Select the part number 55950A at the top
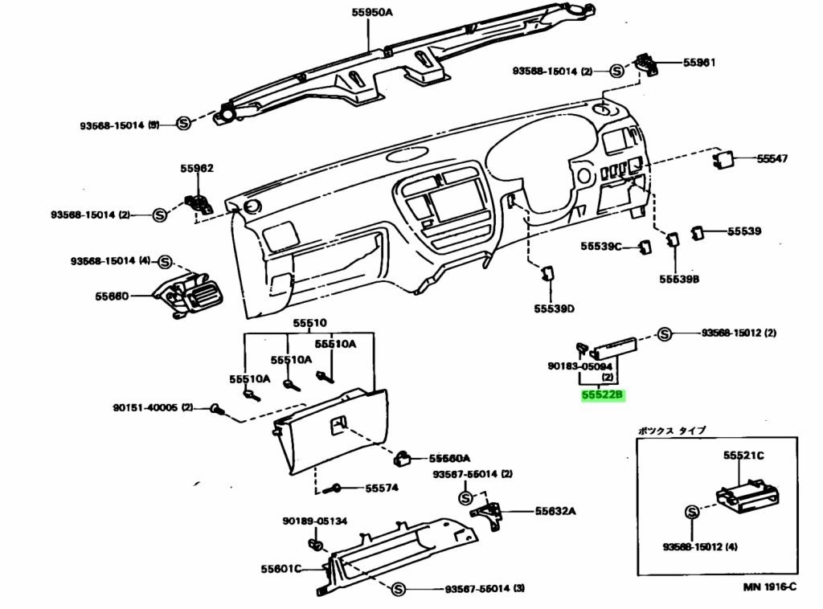pyautogui.click(x=371, y=12)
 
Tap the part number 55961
pyautogui.click(x=699, y=62)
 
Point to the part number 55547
pyautogui.click(x=772, y=159)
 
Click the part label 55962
pyautogui.click(x=196, y=169)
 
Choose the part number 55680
pyautogui.click(x=112, y=296)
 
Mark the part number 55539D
pyautogui.click(x=554, y=309)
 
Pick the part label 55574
pyautogui.click(x=382, y=488)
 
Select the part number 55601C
pyautogui.click(x=280, y=570)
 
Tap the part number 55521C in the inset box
pyautogui.click(x=743, y=456)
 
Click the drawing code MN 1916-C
pyautogui.click(x=769, y=587)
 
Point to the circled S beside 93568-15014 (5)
pyautogui.click(x=183, y=124)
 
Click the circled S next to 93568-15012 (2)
pyautogui.click(x=665, y=333)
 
